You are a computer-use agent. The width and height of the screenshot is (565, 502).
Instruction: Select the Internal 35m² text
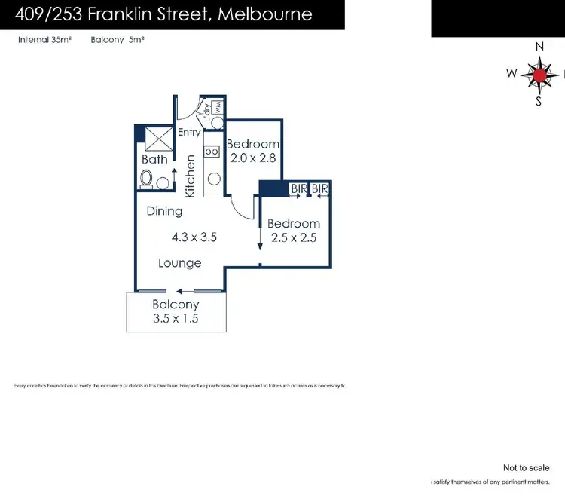click(x=44, y=40)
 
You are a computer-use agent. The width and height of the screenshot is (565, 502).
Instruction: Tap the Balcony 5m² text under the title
click(x=117, y=40)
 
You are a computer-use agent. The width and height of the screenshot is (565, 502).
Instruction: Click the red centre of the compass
click(x=539, y=74)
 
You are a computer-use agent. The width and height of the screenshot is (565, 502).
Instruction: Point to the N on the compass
click(x=539, y=47)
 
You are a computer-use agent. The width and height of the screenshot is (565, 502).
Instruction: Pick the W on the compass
click(x=512, y=74)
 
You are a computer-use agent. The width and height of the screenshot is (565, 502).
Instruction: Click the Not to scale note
click(x=526, y=468)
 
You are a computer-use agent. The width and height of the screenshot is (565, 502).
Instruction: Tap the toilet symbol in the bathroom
click(x=148, y=180)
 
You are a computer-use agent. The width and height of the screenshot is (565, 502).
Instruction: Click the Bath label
click(x=154, y=159)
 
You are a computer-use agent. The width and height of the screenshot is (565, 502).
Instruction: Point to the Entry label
click(x=189, y=133)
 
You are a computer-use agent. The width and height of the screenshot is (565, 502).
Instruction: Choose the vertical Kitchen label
click(x=191, y=176)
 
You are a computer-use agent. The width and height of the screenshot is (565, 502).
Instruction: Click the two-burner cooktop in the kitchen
click(x=213, y=152)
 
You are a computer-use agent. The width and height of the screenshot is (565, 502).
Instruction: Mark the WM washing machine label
click(x=218, y=107)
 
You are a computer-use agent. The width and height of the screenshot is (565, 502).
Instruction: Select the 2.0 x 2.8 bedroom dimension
click(x=253, y=158)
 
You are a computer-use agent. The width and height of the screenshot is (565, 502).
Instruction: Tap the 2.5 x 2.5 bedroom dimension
click(x=293, y=237)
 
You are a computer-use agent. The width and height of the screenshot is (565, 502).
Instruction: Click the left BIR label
click(x=299, y=188)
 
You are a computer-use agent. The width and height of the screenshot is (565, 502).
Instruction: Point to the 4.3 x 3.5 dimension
click(x=194, y=237)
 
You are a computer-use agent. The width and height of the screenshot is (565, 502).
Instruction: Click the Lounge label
click(x=179, y=263)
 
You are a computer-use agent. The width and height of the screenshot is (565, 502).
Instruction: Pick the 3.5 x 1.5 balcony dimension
click(x=176, y=318)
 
